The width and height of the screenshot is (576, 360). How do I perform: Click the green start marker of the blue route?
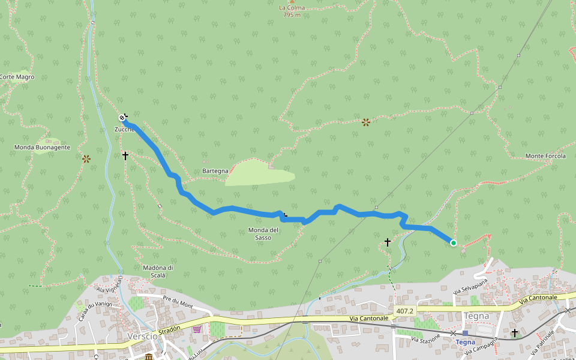pyautogui.click(x=454, y=243)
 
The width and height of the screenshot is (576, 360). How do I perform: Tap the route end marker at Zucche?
pyautogui.click(x=122, y=117)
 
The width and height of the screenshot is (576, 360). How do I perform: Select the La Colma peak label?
pyautogui.click(x=292, y=8)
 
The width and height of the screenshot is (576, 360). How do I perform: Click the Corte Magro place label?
pyautogui.click(x=17, y=77)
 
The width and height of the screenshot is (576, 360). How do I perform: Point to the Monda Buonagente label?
pyautogui.click(x=43, y=147)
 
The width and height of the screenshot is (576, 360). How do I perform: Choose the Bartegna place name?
pyautogui.click(x=215, y=171)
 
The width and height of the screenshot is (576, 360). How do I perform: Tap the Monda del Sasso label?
pyautogui.click(x=263, y=233)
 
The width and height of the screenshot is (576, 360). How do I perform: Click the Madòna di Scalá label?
pyautogui.click(x=158, y=271)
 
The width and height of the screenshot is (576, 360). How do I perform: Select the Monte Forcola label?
pyautogui.click(x=545, y=156)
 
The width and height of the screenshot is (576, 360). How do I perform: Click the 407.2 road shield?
pyautogui.click(x=405, y=311)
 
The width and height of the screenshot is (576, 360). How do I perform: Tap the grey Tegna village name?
pyautogui.click(x=476, y=316)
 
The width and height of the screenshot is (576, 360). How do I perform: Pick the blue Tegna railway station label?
pyautogui.click(x=466, y=342)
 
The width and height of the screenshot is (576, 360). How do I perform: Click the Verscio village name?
pyautogui.click(x=142, y=336)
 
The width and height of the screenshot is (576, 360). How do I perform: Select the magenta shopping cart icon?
pyautogui.click(x=197, y=329)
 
